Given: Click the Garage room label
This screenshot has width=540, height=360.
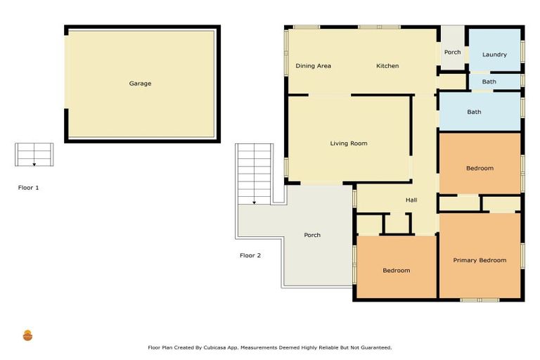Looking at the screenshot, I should click(x=140, y=84).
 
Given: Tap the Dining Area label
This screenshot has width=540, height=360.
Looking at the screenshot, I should click(x=313, y=66).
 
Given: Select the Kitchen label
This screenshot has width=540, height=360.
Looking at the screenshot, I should click(x=387, y=66).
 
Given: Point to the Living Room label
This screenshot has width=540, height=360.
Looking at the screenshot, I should click(x=349, y=143).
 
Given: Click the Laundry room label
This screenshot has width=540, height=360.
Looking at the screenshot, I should click(x=494, y=55).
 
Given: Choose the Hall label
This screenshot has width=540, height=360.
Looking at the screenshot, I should click(x=411, y=200).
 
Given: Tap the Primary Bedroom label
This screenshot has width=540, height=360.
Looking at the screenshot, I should click(x=480, y=260).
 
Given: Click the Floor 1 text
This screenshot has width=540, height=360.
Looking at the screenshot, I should click(x=29, y=188).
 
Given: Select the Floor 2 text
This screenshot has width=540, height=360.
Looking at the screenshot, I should click(x=250, y=255).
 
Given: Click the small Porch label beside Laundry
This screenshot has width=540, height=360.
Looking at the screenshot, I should click(x=452, y=52).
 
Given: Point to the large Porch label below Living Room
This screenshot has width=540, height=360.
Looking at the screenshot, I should click(x=312, y=235).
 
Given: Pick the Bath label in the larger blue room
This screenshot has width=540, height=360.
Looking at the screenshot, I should click(x=474, y=112).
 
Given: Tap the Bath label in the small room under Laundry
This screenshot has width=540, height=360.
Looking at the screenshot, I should click(x=489, y=82).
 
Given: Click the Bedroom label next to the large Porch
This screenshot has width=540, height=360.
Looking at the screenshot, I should click(x=396, y=271).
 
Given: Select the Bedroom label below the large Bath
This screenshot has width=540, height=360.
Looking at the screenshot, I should click(x=480, y=168).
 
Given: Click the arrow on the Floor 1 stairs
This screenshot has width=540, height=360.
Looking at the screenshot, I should click(x=34, y=164).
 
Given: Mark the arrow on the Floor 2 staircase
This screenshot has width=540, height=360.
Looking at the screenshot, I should click(x=255, y=202).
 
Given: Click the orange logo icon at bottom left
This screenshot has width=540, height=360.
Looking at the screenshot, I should click(x=27, y=335).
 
